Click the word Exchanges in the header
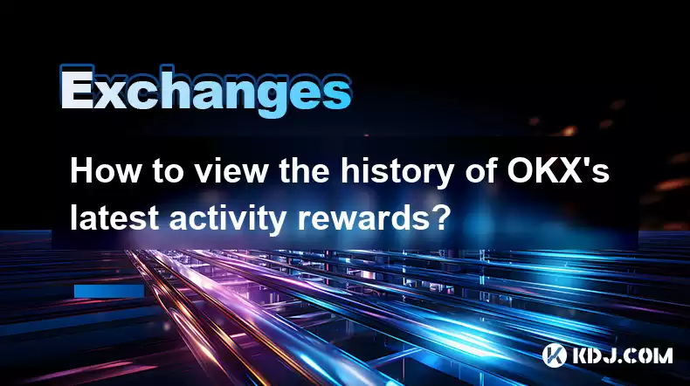[x=206, y=91]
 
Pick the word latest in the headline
[x=114, y=217]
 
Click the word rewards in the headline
[x=358, y=217]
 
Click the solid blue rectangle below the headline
[x=109, y=291]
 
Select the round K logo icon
[x=554, y=355]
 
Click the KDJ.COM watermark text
[x=622, y=355]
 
